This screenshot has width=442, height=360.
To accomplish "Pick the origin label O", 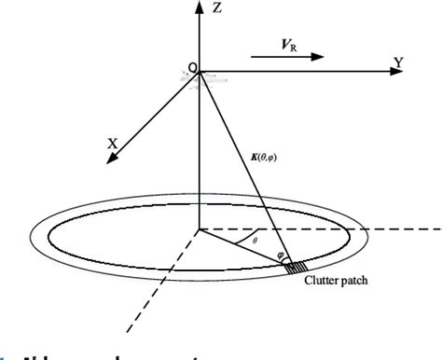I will tap(192, 67).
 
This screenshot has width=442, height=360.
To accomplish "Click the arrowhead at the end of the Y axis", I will tap(382, 70).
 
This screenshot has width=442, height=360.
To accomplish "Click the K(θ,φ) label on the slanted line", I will tap(267, 159).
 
